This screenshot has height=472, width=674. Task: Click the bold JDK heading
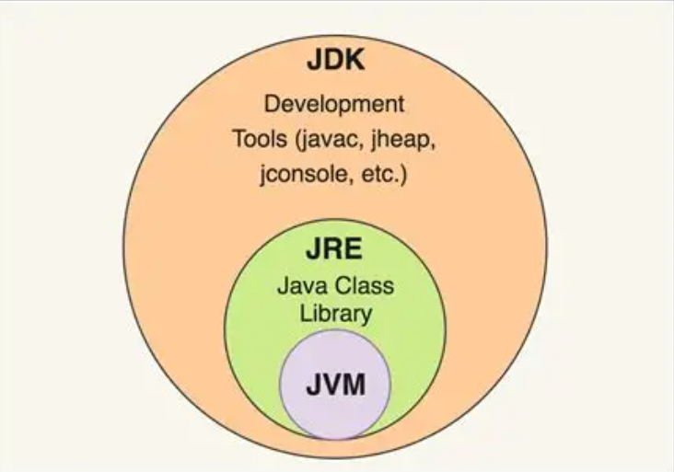335,63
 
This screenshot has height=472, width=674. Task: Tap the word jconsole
301,175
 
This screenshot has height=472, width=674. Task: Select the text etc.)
378,175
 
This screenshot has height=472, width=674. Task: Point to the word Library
334,313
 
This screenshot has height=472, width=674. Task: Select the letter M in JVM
354,384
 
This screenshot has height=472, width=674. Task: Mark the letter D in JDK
334,63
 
